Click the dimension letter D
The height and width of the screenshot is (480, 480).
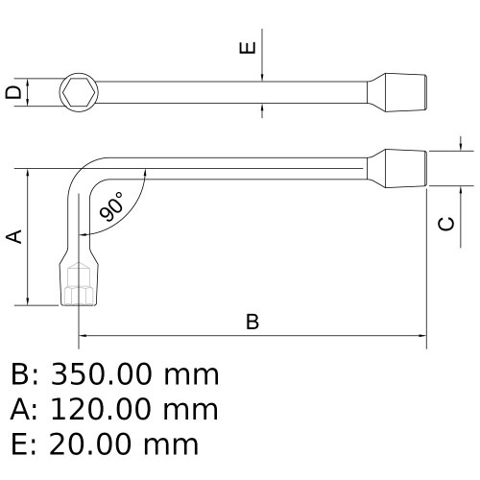12,93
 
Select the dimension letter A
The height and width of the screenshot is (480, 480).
14,236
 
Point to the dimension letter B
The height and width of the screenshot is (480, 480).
252,322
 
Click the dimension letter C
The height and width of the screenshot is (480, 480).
446,224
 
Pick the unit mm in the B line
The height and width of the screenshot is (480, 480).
191,374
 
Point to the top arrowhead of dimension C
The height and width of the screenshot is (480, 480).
462,146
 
